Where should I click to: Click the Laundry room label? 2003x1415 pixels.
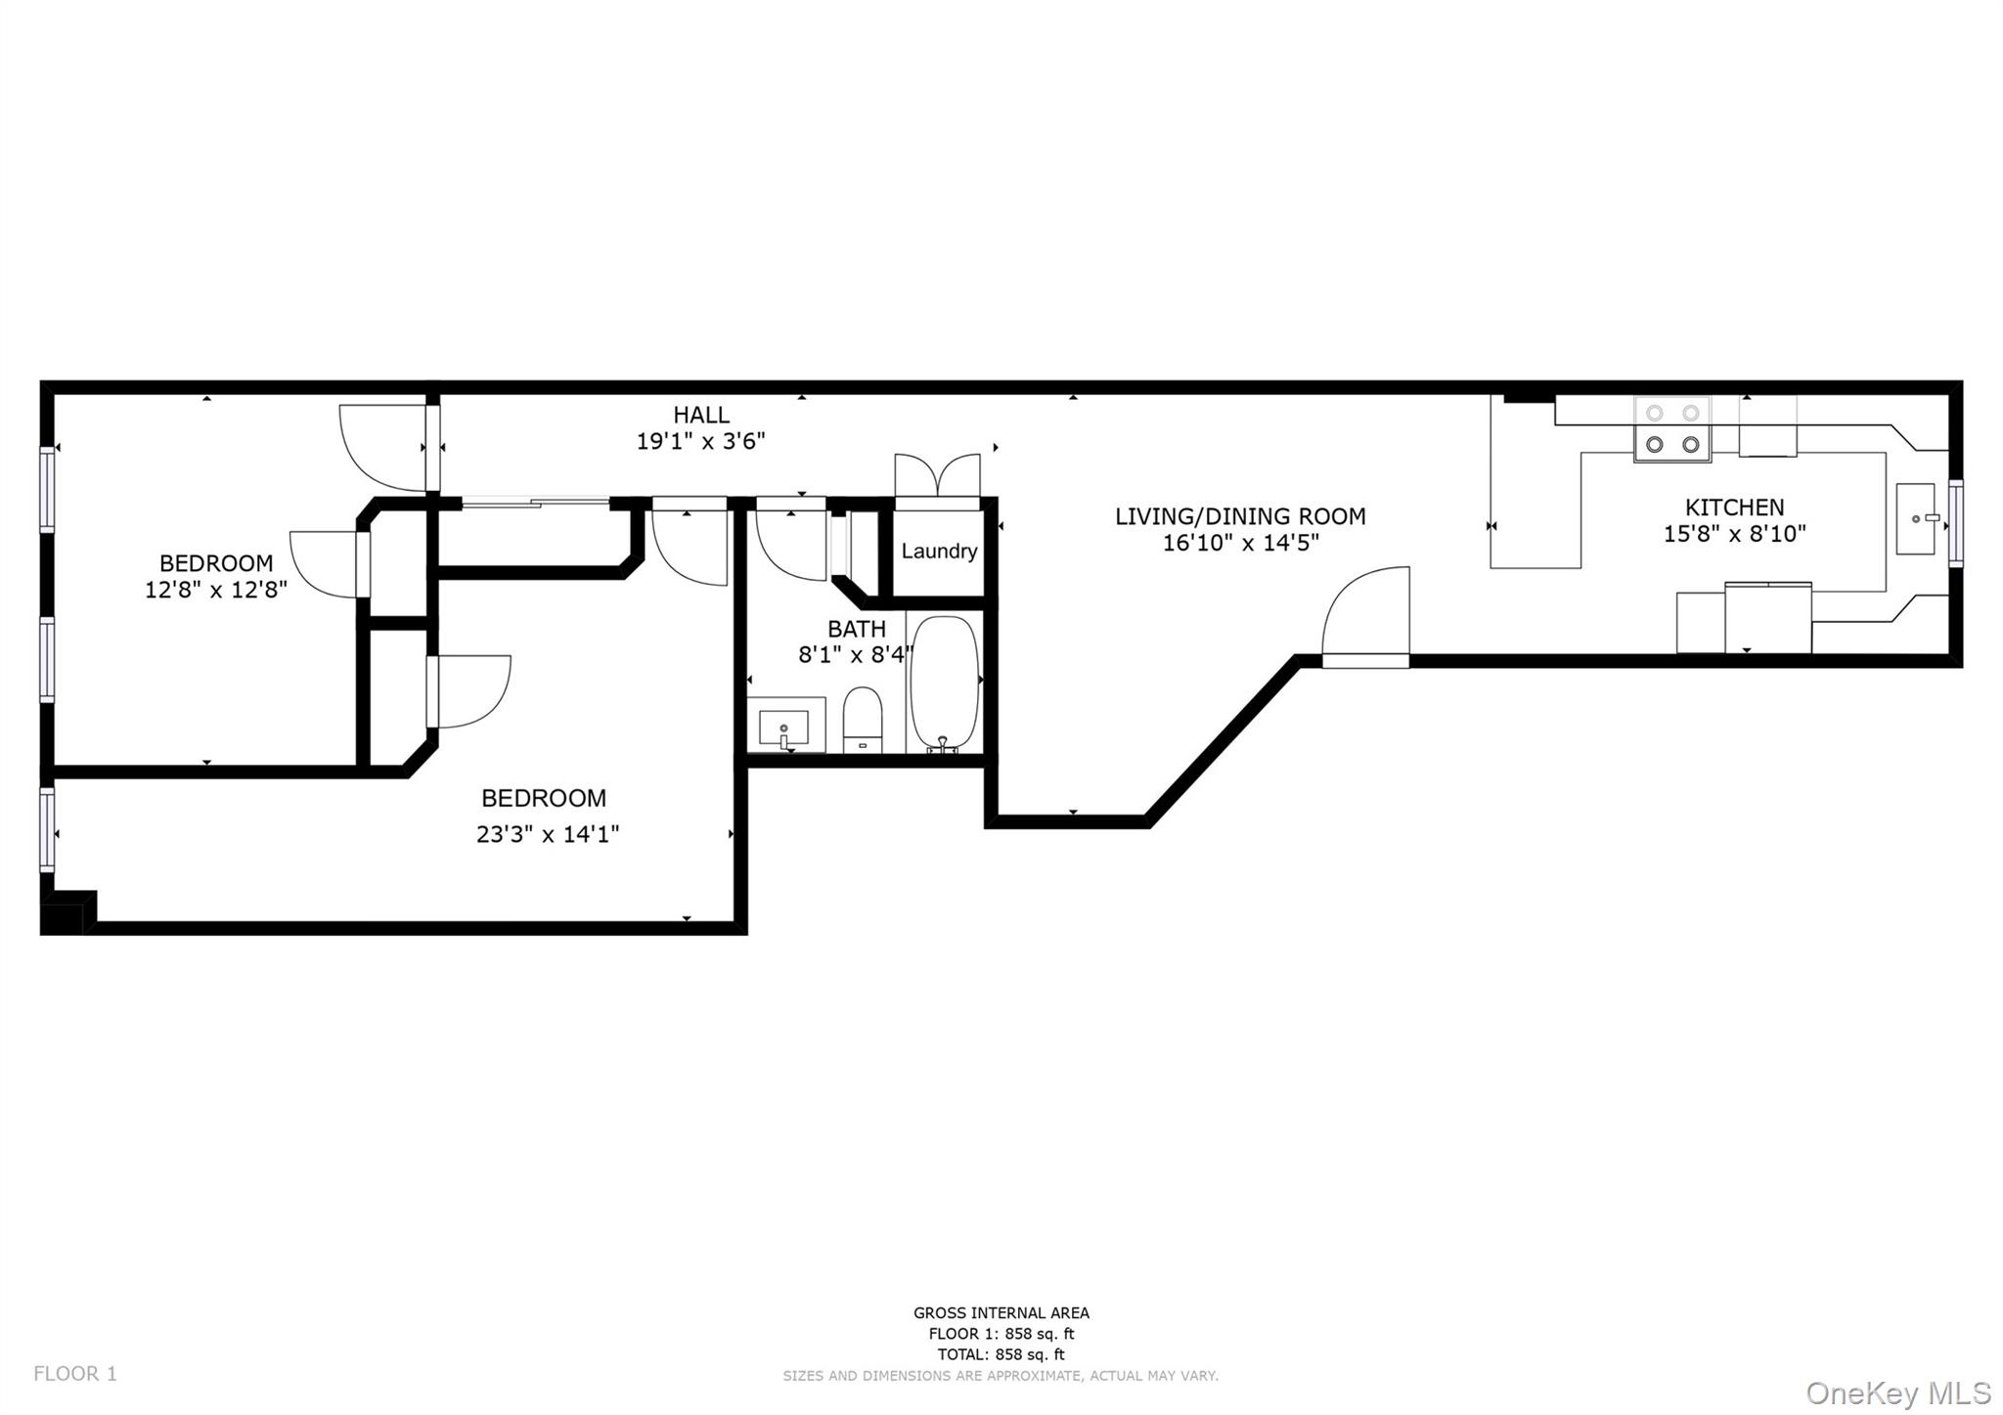pos(939,551)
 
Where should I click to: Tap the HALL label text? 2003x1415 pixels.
pos(700,415)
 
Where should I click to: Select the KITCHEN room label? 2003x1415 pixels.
pos(1734,507)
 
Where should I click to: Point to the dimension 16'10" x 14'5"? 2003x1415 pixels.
pos(1240,543)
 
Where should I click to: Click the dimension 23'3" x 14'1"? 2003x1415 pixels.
pos(548,834)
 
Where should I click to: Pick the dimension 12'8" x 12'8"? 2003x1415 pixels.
pos(215,590)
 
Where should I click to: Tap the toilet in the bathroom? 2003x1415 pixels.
pos(863,719)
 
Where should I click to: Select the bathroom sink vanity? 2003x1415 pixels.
pos(785,726)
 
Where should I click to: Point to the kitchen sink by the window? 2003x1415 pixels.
pos(1915,518)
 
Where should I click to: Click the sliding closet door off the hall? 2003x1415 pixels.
pos(535,503)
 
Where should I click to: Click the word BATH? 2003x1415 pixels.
pos(856,629)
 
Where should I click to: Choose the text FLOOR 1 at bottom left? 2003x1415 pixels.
pos(75,1373)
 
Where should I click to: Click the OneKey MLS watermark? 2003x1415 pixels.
pos(1896,1393)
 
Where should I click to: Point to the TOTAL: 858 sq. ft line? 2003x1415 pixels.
pos(1000,1354)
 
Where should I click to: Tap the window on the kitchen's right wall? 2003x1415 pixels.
pos(1955,522)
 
